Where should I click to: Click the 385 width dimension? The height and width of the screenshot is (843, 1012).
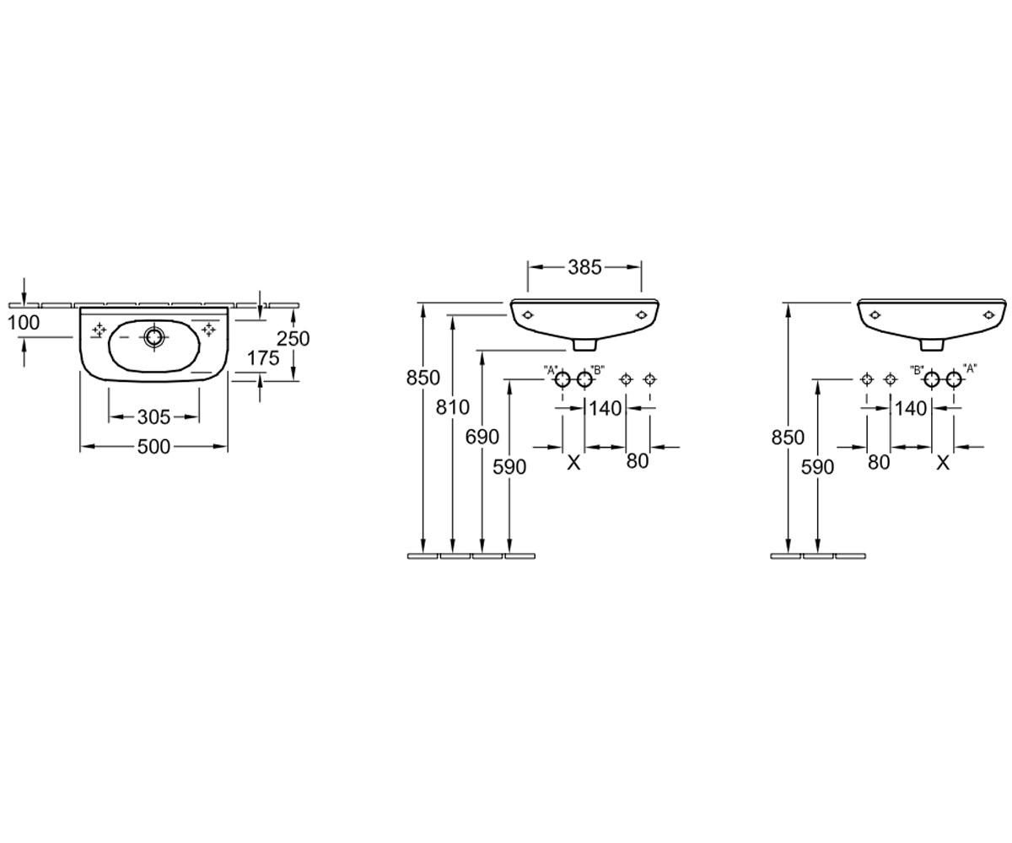coord(584,267)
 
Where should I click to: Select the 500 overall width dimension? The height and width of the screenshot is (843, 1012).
coord(153,447)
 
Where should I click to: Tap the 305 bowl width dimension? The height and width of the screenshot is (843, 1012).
coord(153,416)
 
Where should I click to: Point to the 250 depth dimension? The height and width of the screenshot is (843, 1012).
coord(293,338)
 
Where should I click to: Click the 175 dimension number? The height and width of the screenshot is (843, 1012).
coord(263,358)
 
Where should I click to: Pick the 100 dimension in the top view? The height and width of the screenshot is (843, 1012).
coord(24,323)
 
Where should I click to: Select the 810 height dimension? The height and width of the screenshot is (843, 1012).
coord(452,407)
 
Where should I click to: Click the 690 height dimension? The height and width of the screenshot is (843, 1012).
coord(482,437)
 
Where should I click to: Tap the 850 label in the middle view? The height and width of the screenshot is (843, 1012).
coord(423,378)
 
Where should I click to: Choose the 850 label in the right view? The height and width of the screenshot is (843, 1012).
coord(788,438)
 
